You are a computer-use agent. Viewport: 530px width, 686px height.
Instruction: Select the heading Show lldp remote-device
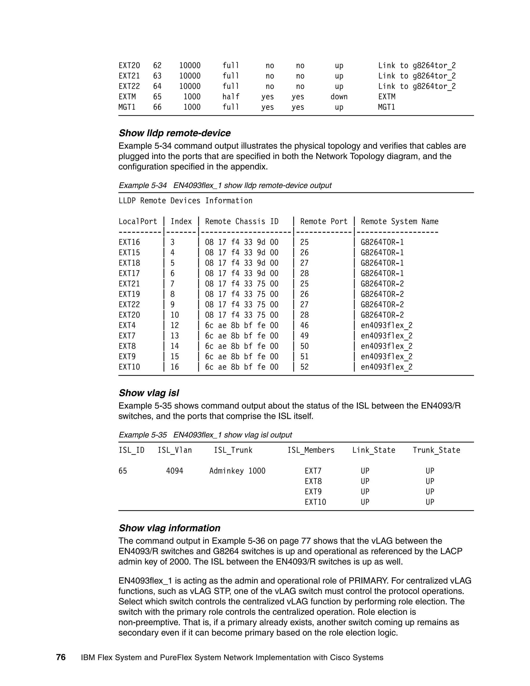click(175, 133)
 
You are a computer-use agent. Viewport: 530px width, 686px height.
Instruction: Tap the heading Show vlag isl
click(149, 393)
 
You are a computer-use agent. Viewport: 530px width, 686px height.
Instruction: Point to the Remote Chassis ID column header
click(242, 221)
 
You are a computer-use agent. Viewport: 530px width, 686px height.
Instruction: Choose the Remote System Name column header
click(399, 221)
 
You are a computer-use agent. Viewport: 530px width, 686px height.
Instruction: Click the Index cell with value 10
click(175, 315)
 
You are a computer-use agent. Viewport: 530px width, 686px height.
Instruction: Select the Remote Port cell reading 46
click(304, 325)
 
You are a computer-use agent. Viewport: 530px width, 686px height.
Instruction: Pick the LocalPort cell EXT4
click(127, 325)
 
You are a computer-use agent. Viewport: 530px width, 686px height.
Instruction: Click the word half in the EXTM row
click(231, 97)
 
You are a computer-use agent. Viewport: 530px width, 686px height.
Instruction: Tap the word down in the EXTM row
click(339, 97)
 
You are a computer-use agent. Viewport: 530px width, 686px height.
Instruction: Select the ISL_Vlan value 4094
click(175, 471)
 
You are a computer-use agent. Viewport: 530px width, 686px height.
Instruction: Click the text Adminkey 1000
click(237, 471)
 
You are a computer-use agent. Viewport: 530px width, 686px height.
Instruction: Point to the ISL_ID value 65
click(123, 471)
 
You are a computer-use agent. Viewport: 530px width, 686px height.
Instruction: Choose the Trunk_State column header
click(436, 450)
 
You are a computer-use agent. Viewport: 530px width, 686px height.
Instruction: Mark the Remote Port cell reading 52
click(304, 367)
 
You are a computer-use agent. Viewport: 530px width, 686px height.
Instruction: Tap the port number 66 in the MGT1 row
click(157, 107)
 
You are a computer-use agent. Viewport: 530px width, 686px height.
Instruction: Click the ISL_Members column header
click(311, 450)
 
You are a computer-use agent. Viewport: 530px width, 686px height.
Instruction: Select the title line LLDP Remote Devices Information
click(185, 201)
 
